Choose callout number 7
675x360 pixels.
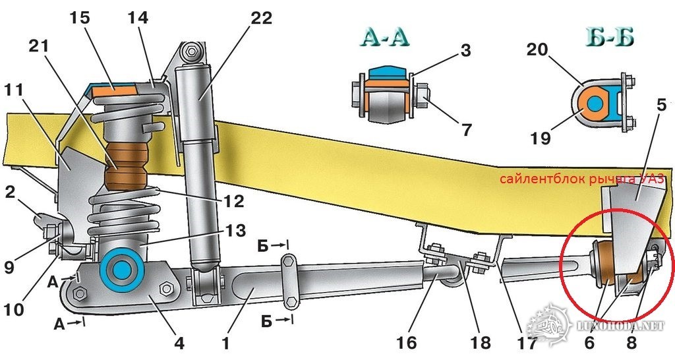coord(467,129)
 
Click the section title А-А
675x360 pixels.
coord(385,37)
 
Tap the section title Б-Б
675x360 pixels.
coord(608,37)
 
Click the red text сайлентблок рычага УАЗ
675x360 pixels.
coord(583,180)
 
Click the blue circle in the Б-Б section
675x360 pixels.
coord(595,104)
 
